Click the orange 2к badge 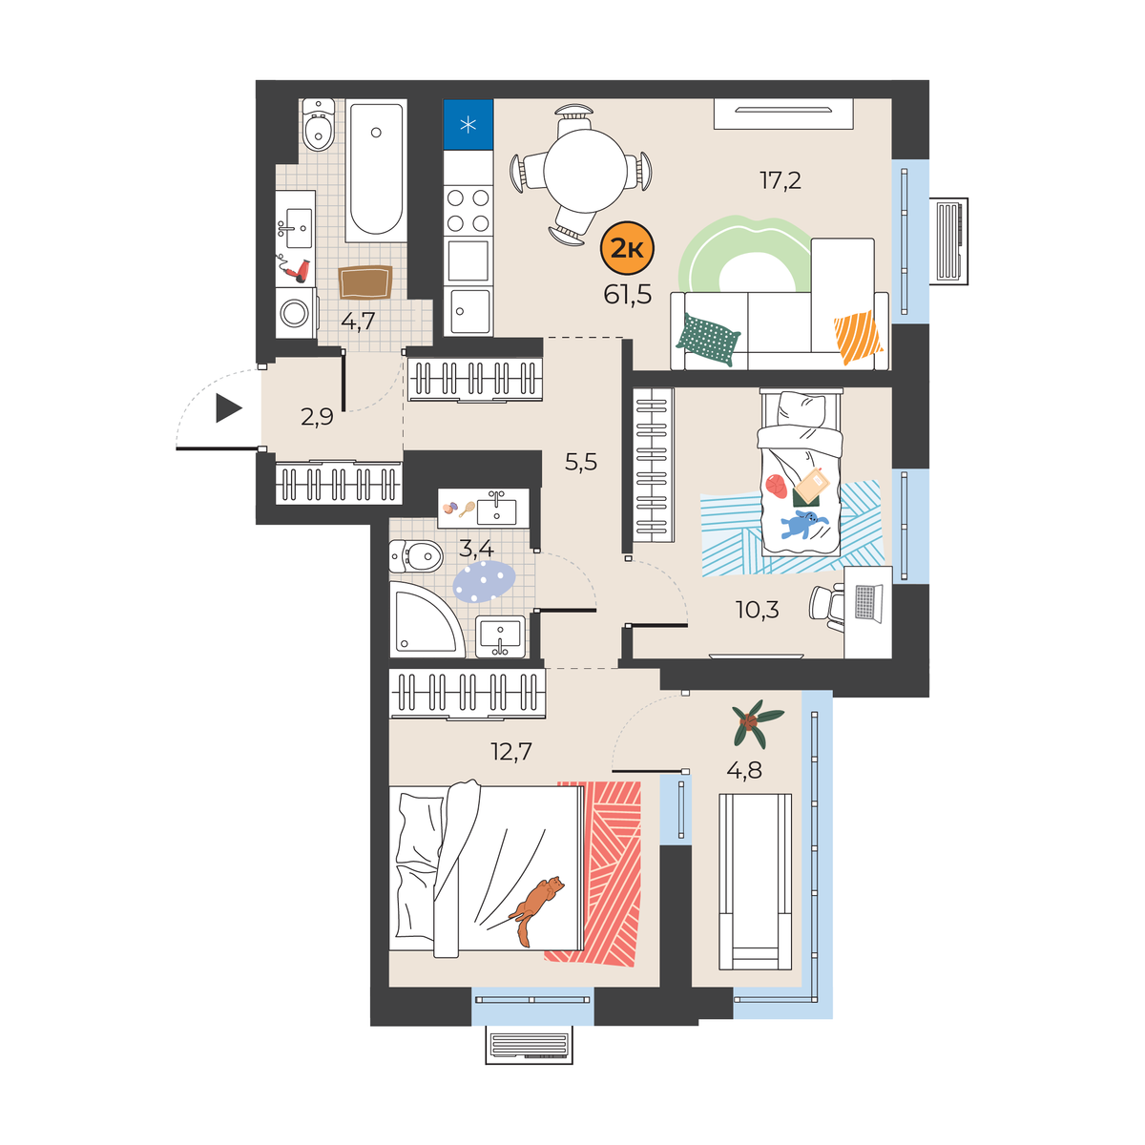coord(628,249)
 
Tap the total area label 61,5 coord(628,295)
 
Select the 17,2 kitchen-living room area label coord(781,180)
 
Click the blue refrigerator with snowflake coord(468,125)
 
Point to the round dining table coord(585,171)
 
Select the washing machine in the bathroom coord(296,313)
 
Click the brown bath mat coord(365,282)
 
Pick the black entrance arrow coord(229,408)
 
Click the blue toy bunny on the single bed coord(803,524)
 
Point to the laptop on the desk coord(868,603)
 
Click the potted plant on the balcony coord(758,723)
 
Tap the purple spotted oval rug coord(484,582)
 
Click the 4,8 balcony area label coord(744,771)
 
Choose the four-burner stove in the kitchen coord(468,210)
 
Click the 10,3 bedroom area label coord(757,610)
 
